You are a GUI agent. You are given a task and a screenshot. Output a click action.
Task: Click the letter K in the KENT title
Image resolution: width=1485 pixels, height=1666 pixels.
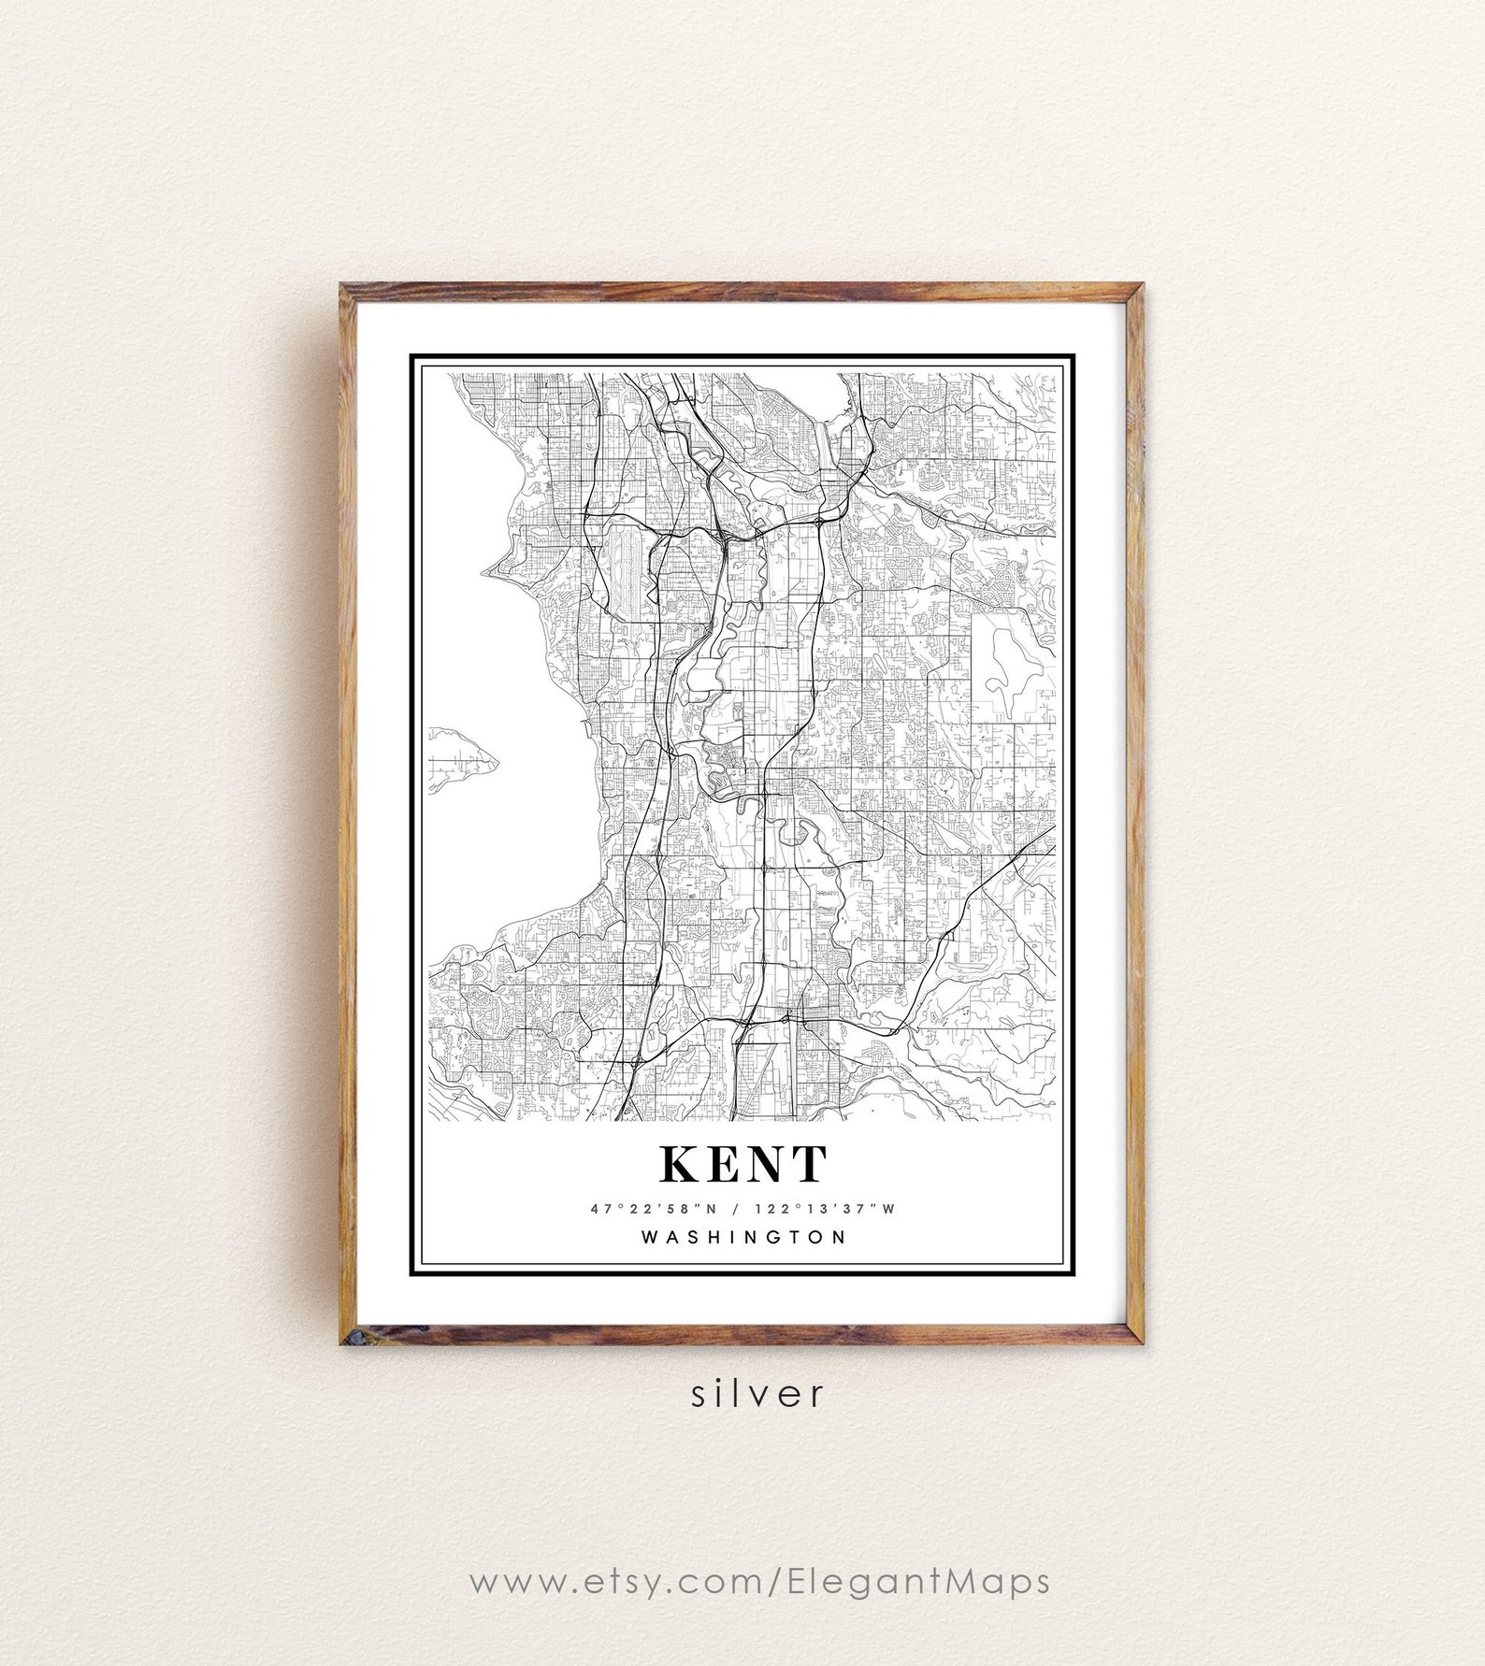click(681, 1164)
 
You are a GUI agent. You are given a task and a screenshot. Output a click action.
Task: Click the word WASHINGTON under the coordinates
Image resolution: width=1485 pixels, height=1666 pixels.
click(743, 1237)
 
